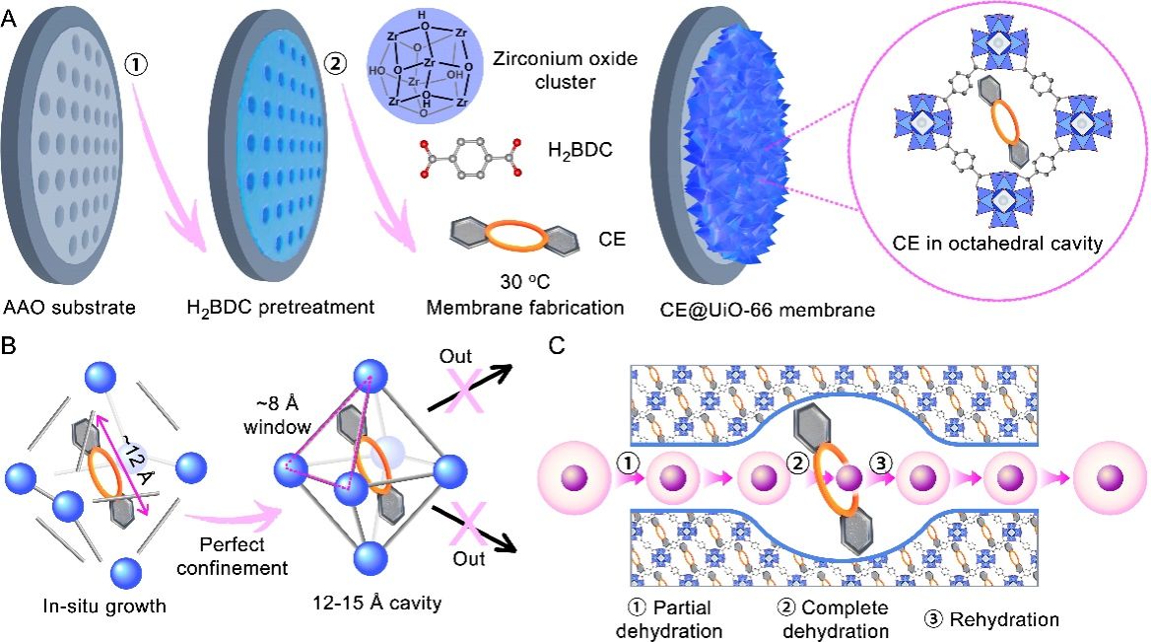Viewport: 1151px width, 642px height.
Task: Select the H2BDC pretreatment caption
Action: [282, 307]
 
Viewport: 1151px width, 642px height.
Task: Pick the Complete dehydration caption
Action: [843, 619]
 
